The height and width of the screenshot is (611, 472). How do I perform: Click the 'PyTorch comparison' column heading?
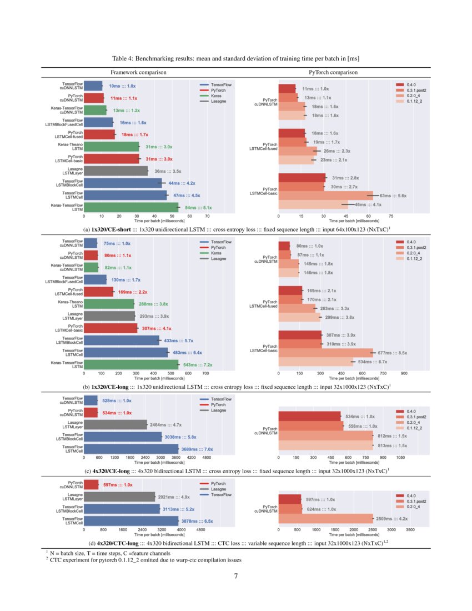point(333,73)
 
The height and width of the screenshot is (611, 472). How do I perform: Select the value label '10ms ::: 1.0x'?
point(122,86)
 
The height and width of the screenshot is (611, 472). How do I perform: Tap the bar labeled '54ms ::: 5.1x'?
point(130,207)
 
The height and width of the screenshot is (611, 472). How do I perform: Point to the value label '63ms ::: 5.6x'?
point(394,196)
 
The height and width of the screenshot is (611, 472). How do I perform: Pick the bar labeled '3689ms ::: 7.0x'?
point(131,448)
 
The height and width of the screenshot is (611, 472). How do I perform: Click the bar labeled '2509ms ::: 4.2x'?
point(325,518)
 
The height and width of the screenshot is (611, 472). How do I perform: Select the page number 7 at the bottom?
point(236,575)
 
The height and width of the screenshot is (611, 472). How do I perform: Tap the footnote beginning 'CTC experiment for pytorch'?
point(145,560)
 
